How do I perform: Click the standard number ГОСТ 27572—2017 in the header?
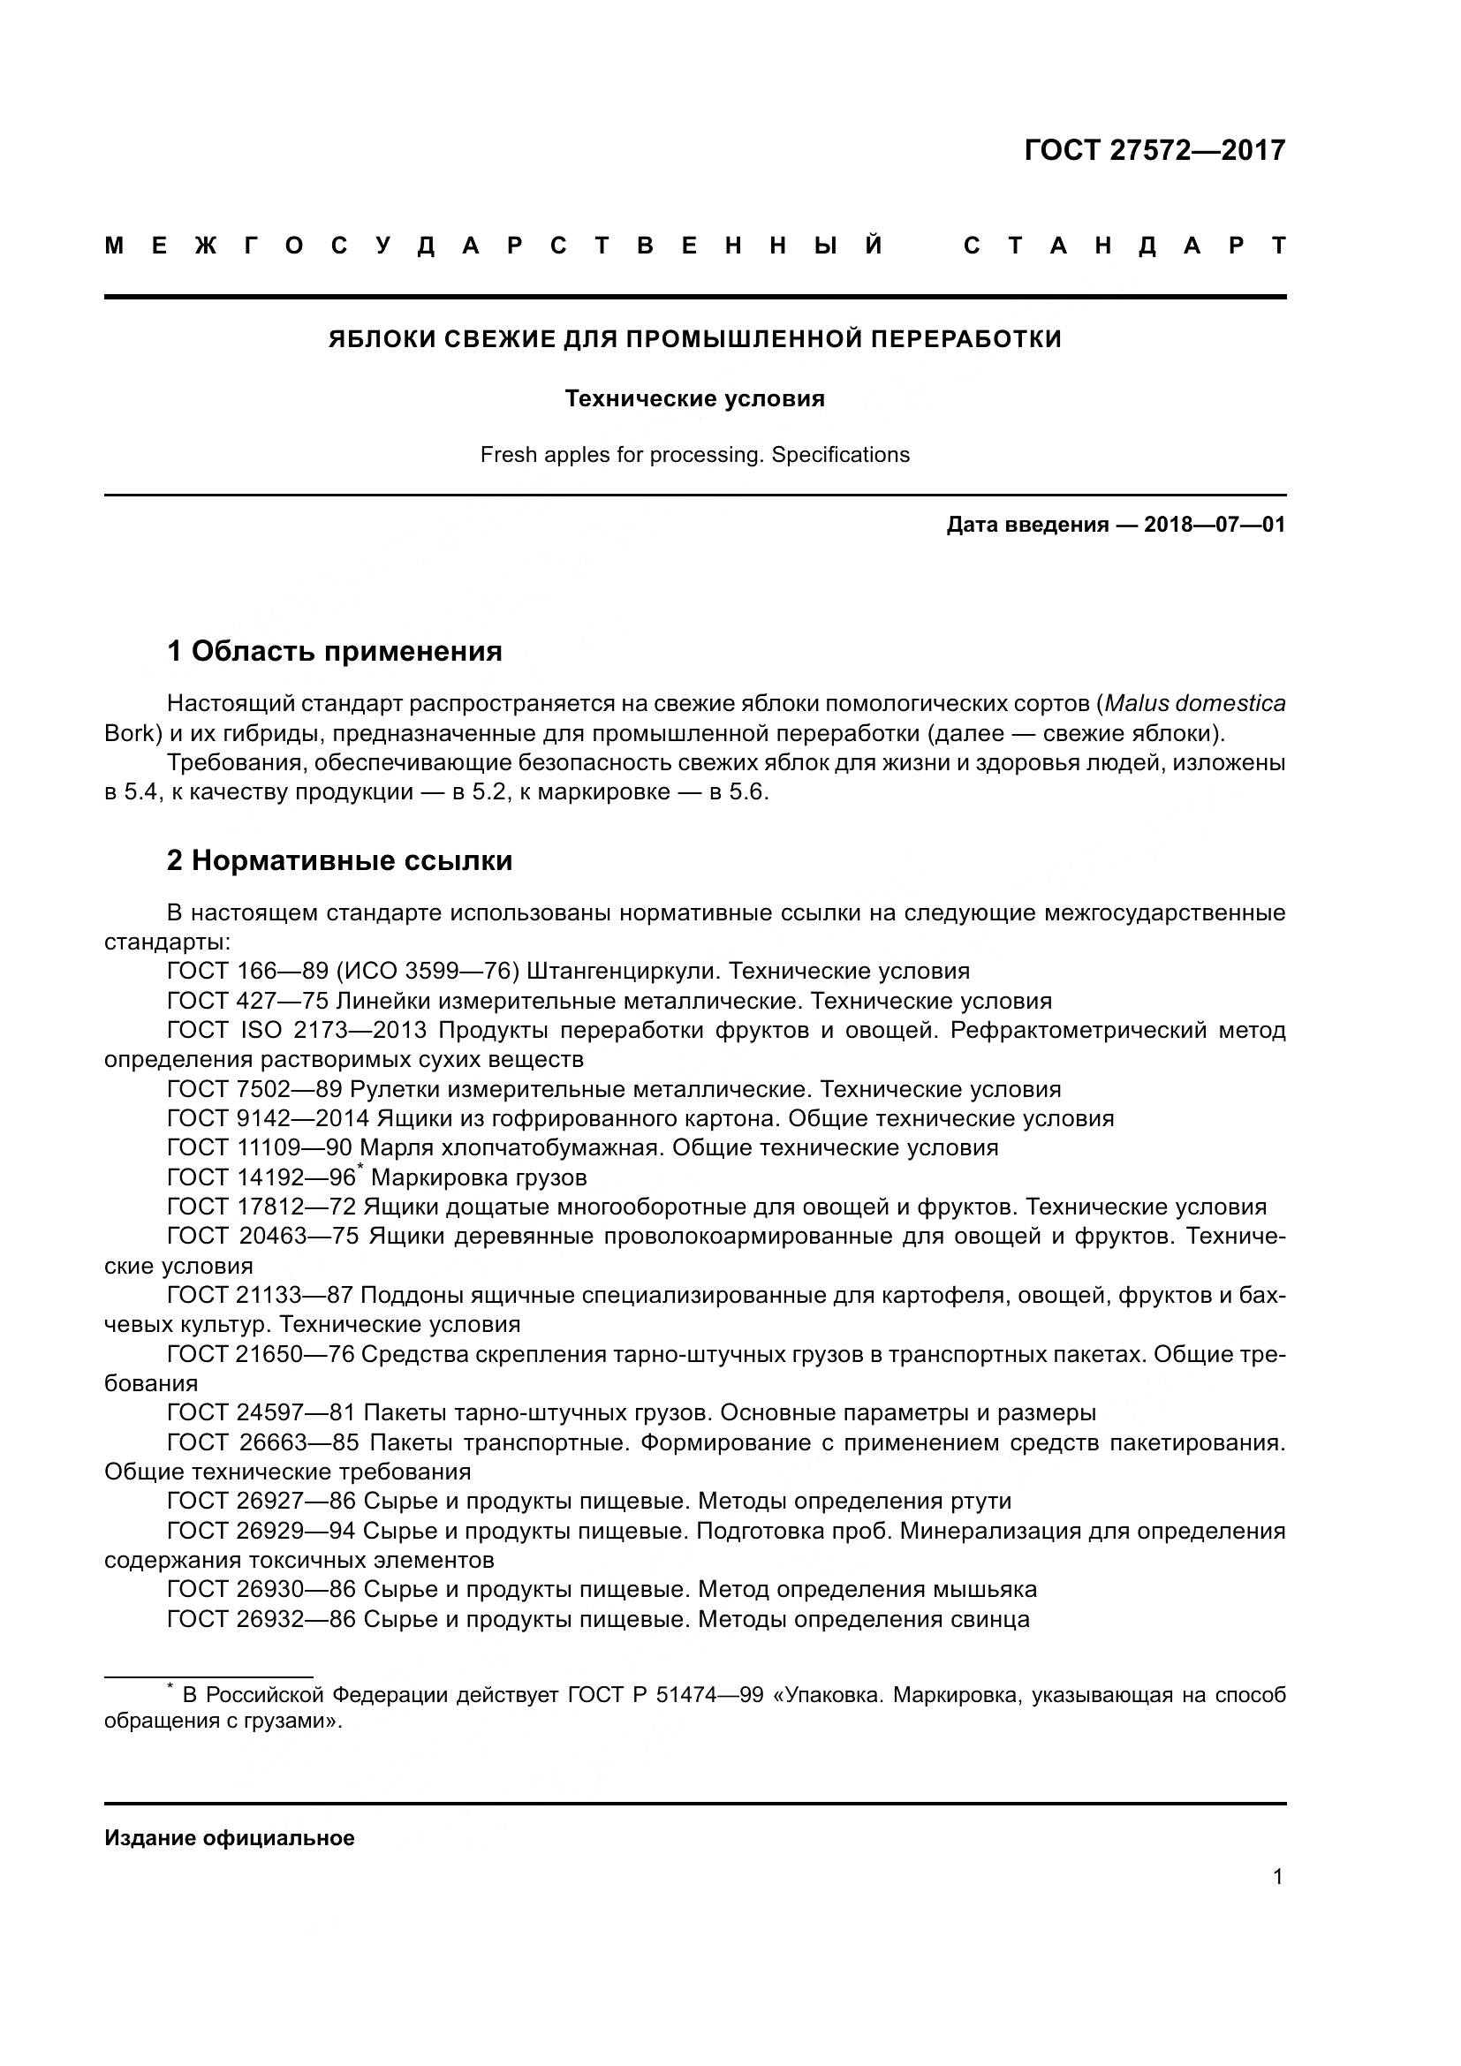(x=1154, y=150)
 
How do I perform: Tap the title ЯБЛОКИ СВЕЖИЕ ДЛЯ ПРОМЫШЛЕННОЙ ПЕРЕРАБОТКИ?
(x=694, y=339)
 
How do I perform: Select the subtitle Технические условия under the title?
(x=694, y=398)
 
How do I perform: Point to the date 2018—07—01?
(x=1215, y=525)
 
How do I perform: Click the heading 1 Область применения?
(x=335, y=651)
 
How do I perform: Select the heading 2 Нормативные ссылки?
(x=339, y=860)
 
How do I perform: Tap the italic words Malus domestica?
(x=1195, y=704)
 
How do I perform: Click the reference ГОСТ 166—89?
(x=247, y=971)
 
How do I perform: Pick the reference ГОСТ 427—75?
(x=247, y=1001)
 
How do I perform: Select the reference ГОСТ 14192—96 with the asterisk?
(x=262, y=1178)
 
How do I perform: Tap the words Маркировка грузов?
(x=479, y=1178)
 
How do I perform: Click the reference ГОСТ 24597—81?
(x=261, y=1412)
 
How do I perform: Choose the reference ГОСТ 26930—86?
(x=261, y=1589)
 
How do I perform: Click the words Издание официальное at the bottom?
(x=230, y=1838)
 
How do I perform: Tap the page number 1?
(x=1277, y=1877)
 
